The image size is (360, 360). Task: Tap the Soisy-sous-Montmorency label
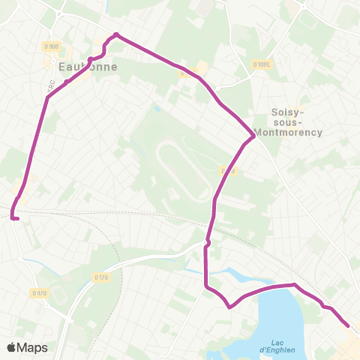289,121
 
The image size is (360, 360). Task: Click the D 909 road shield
51,47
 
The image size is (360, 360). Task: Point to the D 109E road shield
261,64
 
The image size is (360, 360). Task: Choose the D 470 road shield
39,292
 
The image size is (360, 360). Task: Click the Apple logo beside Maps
12,348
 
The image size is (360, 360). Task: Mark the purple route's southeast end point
348,325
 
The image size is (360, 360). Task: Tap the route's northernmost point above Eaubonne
115,34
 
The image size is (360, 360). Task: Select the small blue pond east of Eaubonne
157,109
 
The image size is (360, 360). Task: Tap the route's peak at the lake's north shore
293,285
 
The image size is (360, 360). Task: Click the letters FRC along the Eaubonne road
51,88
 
